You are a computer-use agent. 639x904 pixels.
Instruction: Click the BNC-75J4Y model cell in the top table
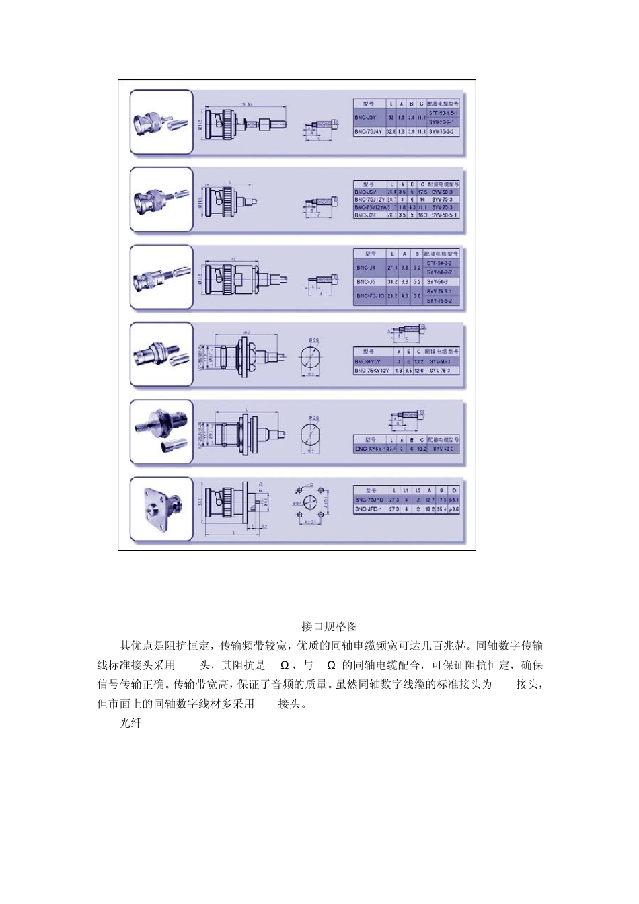(368, 133)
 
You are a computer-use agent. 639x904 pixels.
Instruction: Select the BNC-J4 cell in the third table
(369, 267)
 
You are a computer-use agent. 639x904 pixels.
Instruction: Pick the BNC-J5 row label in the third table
(369, 281)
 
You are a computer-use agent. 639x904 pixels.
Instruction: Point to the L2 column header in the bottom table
(418, 490)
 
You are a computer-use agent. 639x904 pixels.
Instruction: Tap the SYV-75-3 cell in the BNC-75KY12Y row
(445, 371)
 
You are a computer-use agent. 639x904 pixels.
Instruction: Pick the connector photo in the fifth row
(161, 431)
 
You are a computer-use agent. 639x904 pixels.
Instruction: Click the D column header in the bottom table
(454, 490)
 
